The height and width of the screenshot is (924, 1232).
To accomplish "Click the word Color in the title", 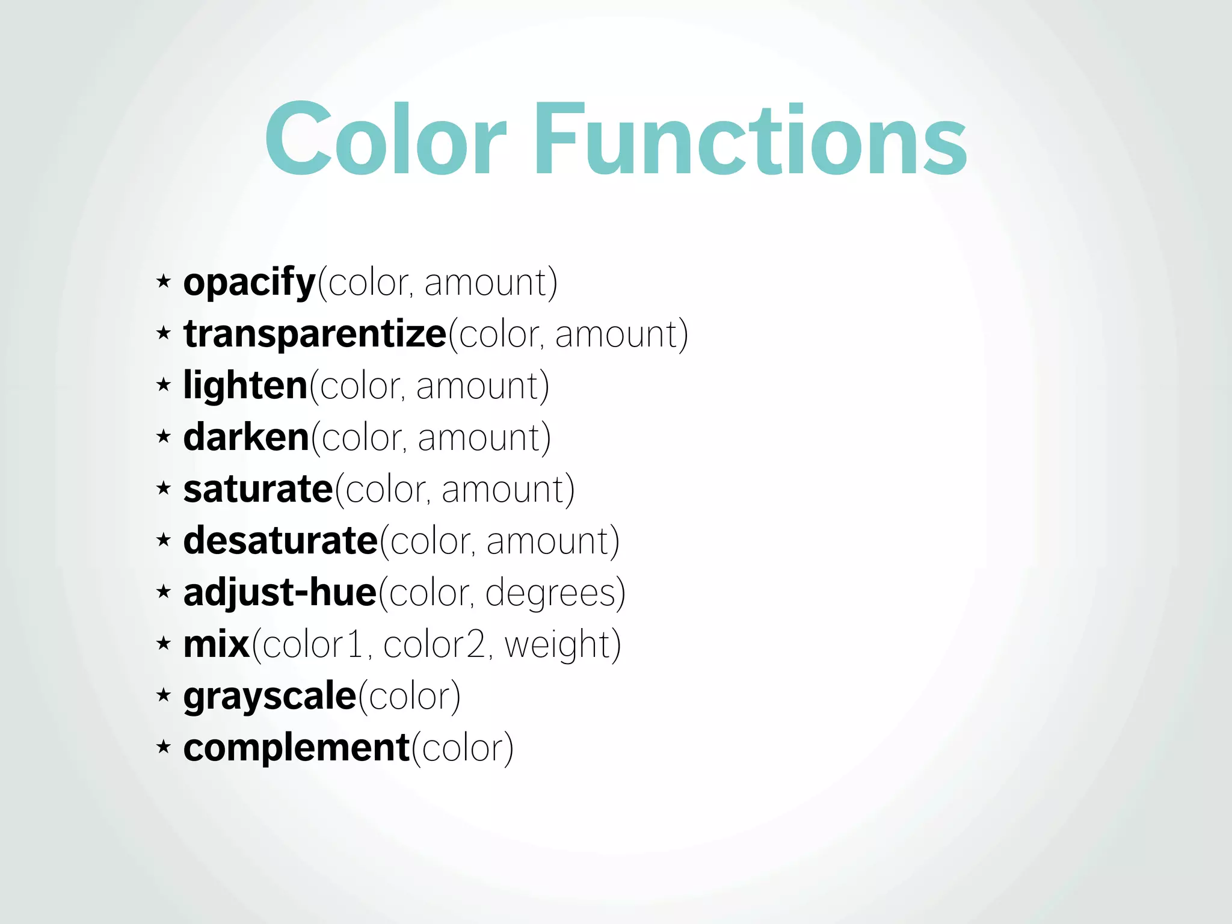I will pos(386,140).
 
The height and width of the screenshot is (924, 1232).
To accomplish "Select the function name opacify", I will pos(250,283).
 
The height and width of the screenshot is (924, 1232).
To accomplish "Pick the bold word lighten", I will pos(245,386).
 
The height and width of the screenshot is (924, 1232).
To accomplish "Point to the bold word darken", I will pos(246,437).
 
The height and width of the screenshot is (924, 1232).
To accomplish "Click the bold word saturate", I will pos(258,489).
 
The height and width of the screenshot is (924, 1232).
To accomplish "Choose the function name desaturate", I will pos(280,541).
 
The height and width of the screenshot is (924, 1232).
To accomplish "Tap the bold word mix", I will pos(216,644).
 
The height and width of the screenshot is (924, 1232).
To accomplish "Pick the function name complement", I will pos(297,748).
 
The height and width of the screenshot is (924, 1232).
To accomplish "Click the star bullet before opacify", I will pos(163,281).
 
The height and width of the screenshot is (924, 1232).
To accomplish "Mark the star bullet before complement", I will pos(163,747).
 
